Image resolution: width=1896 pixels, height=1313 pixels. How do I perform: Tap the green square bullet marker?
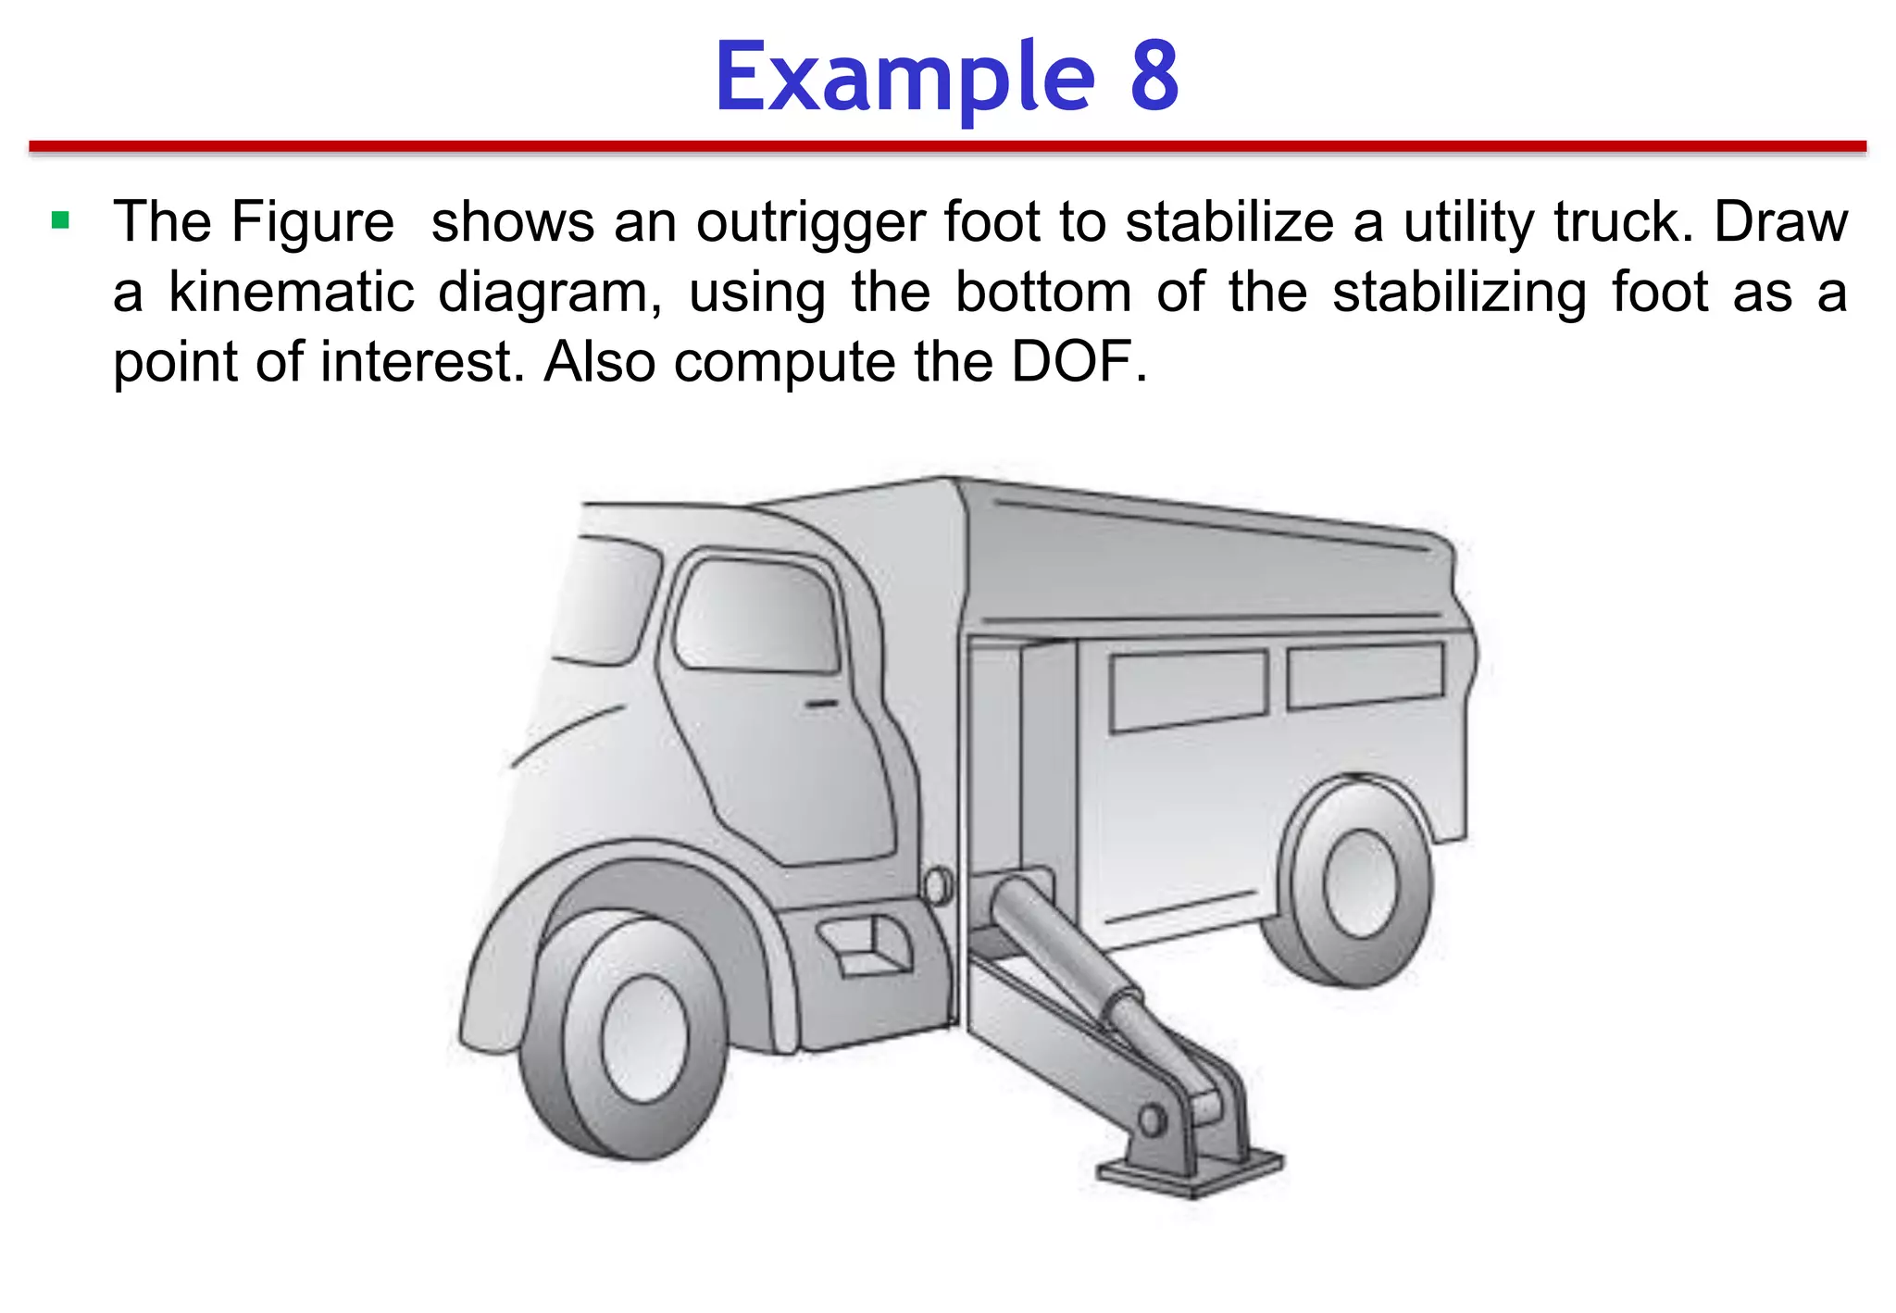point(61,220)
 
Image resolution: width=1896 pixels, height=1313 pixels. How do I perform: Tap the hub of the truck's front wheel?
point(645,1038)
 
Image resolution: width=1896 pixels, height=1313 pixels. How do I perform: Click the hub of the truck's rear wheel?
point(1359,883)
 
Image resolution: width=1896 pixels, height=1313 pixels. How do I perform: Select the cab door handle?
point(820,705)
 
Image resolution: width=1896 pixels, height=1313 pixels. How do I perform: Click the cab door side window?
point(757,614)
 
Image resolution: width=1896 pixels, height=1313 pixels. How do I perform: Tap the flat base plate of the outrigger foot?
point(1190,1174)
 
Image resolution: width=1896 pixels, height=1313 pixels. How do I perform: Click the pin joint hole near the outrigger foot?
point(1152,1120)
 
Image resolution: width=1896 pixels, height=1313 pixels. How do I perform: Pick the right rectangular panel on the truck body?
point(1365,673)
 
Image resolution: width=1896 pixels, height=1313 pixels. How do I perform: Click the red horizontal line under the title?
point(947,146)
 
